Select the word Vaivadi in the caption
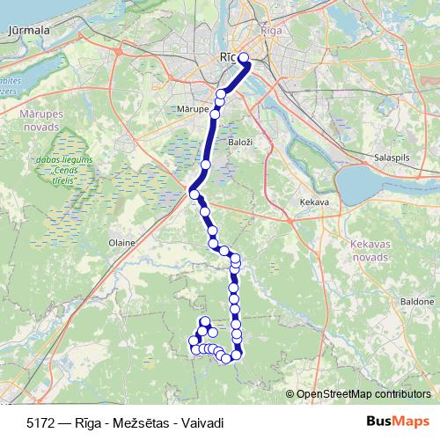pyautogui.click(x=201, y=422)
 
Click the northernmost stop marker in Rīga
pyautogui.click(x=245, y=60)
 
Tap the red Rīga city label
pyautogui.click(x=270, y=32)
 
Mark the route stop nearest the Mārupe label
pyautogui.click(x=215, y=114)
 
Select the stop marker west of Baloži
pyautogui.click(x=206, y=164)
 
